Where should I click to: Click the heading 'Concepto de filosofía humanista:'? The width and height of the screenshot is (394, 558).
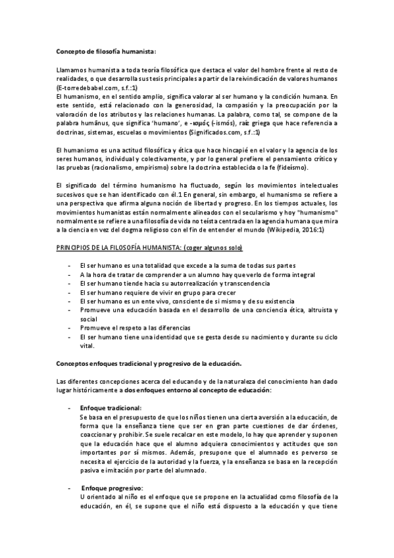[x=106, y=50]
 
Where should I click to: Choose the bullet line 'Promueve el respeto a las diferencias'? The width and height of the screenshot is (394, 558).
[x=134, y=327]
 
